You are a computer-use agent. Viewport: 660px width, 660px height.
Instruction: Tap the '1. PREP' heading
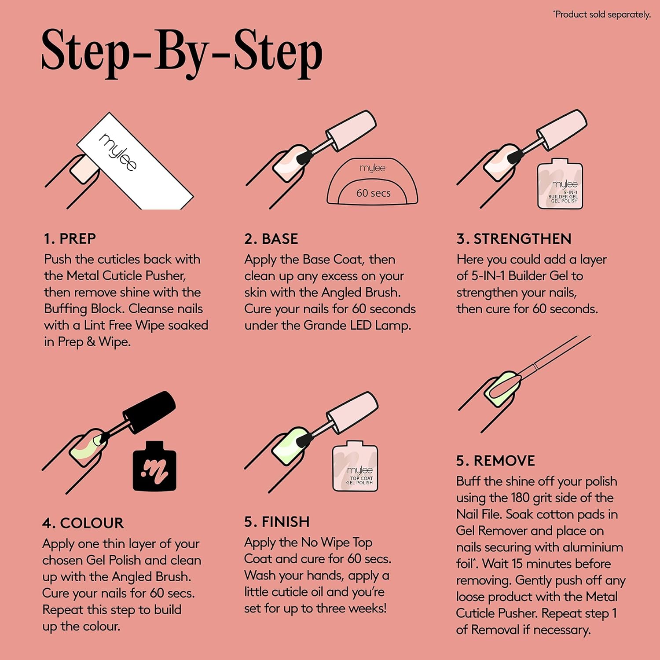70,238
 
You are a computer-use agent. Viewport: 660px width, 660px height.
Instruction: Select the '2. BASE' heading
271,239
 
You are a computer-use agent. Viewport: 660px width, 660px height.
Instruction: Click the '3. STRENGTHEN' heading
514,239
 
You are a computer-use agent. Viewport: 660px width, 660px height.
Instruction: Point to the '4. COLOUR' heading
83,523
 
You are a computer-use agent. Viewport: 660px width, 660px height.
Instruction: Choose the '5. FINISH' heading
277,522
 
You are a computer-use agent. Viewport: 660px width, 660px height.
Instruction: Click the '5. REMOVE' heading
495,461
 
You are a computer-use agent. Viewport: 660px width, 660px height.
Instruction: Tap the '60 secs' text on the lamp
373,193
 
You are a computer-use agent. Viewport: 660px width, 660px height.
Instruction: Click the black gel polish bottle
154,466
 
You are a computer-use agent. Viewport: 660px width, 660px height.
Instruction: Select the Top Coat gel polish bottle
355,466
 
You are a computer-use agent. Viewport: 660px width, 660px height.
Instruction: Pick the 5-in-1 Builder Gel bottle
560,183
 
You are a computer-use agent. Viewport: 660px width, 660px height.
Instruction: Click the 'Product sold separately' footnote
601,15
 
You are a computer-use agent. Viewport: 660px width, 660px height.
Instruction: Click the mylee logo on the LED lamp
372,168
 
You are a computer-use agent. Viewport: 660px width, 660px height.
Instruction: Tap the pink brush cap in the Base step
351,131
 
